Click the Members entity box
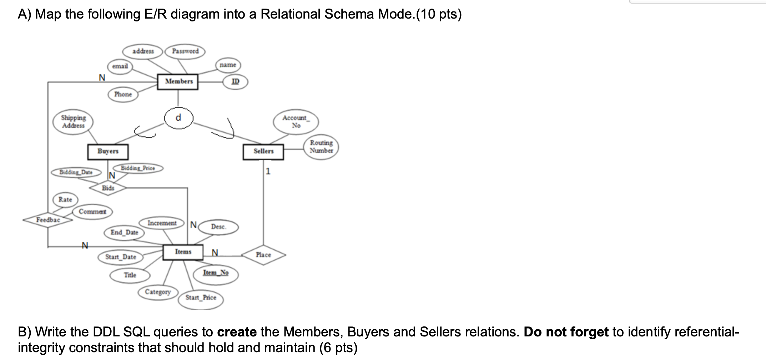click(x=178, y=81)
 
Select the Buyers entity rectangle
click(x=108, y=151)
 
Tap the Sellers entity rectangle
click(x=263, y=151)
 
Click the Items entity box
click(x=183, y=252)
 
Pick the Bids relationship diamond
click(x=108, y=188)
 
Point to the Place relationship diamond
click(x=263, y=255)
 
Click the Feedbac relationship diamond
click(x=48, y=220)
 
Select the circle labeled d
click(x=178, y=118)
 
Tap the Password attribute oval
click(x=185, y=51)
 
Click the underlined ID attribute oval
click(x=235, y=81)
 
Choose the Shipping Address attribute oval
click(x=73, y=122)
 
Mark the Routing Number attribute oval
click(x=321, y=147)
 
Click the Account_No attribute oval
click(x=296, y=121)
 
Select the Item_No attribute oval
click(x=216, y=273)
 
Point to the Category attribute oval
click(x=158, y=292)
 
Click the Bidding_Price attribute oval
click(x=138, y=168)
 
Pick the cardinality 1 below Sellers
click(x=268, y=171)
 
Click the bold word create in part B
click(x=237, y=332)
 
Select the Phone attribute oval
click(x=123, y=95)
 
